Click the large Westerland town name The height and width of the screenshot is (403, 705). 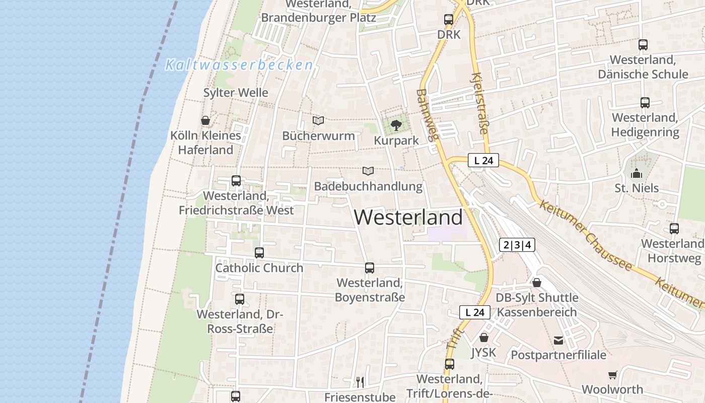(x=408, y=217)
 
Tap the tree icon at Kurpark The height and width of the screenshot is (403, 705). (x=396, y=125)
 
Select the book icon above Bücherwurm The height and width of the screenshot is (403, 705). (x=318, y=120)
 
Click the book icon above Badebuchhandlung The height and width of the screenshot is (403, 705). (x=368, y=171)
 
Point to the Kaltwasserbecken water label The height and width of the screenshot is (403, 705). (x=239, y=65)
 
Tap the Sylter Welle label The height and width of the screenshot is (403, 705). (x=236, y=93)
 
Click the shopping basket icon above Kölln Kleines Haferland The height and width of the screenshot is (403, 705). (x=205, y=120)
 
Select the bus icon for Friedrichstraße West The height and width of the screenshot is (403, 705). (x=236, y=180)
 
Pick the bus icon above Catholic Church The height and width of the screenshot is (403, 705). (x=259, y=252)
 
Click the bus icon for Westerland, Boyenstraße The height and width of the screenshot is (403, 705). (x=370, y=267)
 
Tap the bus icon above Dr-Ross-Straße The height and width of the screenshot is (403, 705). (x=240, y=299)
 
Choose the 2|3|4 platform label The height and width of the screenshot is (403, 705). (x=517, y=245)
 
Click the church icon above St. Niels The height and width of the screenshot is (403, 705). (x=637, y=173)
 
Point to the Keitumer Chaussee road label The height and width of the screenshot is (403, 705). (x=585, y=235)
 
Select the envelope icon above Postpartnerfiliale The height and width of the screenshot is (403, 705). (x=558, y=341)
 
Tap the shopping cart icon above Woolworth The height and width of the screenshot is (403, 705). (x=612, y=375)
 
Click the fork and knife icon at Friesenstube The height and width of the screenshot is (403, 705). (x=360, y=382)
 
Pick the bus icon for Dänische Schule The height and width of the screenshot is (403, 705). (x=643, y=44)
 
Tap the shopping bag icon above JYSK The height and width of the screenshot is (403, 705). (x=483, y=338)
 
